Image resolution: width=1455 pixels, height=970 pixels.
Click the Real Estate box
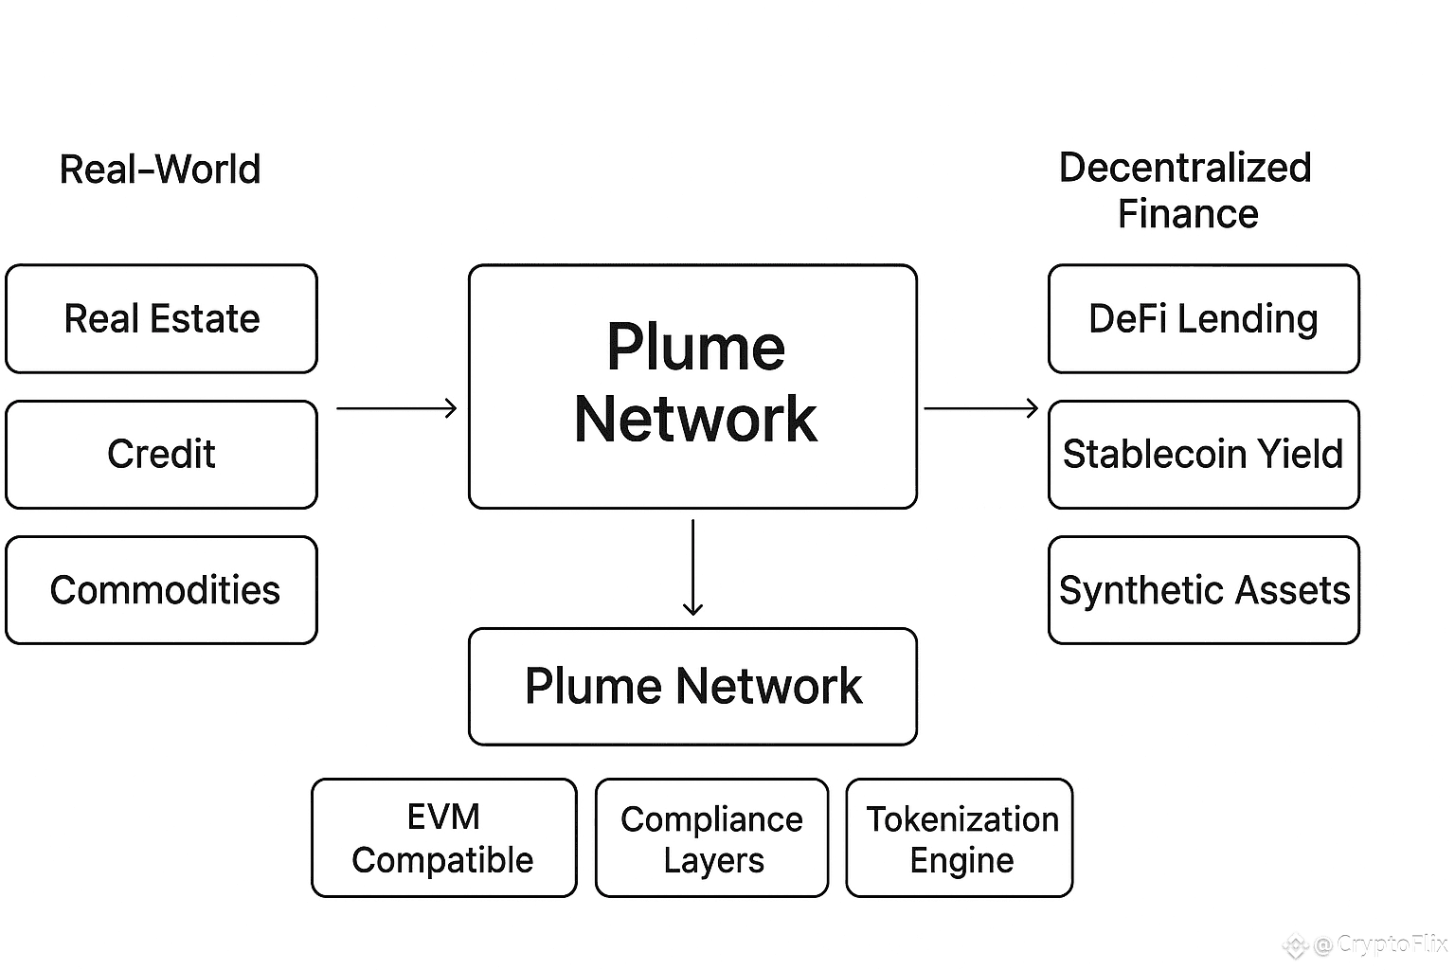pyautogui.click(x=161, y=318)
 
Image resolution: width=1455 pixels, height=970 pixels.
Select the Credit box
pyautogui.click(x=161, y=455)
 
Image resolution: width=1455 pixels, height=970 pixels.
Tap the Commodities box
pyautogui.click(x=161, y=590)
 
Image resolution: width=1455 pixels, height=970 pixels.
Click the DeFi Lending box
pyautogui.click(x=1203, y=318)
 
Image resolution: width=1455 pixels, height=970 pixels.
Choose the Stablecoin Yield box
pyautogui.click(x=1203, y=455)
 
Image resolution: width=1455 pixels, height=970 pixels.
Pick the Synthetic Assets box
pyautogui.click(x=1203, y=590)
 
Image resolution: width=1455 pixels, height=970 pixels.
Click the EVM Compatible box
pyautogui.click(x=443, y=838)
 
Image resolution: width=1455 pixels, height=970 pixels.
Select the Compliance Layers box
pyautogui.click(x=711, y=838)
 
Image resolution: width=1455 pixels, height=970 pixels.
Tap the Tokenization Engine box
pyautogui.click(x=960, y=838)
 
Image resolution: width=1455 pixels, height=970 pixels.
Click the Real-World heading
pyautogui.click(x=160, y=170)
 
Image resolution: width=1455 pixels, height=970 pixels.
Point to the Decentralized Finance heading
pyautogui.click(x=1186, y=190)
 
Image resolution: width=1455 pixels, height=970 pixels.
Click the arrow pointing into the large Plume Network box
pyautogui.click(x=397, y=408)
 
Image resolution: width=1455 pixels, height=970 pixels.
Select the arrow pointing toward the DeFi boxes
pyautogui.click(x=981, y=408)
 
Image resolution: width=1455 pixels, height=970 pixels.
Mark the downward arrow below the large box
pyautogui.click(x=693, y=566)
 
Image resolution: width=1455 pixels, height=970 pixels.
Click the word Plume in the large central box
pyautogui.click(x=696, y=348)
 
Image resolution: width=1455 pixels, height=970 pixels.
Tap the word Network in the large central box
pyautogui.click(x=695, y=420)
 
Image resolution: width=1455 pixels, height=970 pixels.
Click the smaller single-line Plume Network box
pyautogui.click(x=693, y=687)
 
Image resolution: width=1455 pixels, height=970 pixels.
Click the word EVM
pyautogui.click(x=443, y=817)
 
